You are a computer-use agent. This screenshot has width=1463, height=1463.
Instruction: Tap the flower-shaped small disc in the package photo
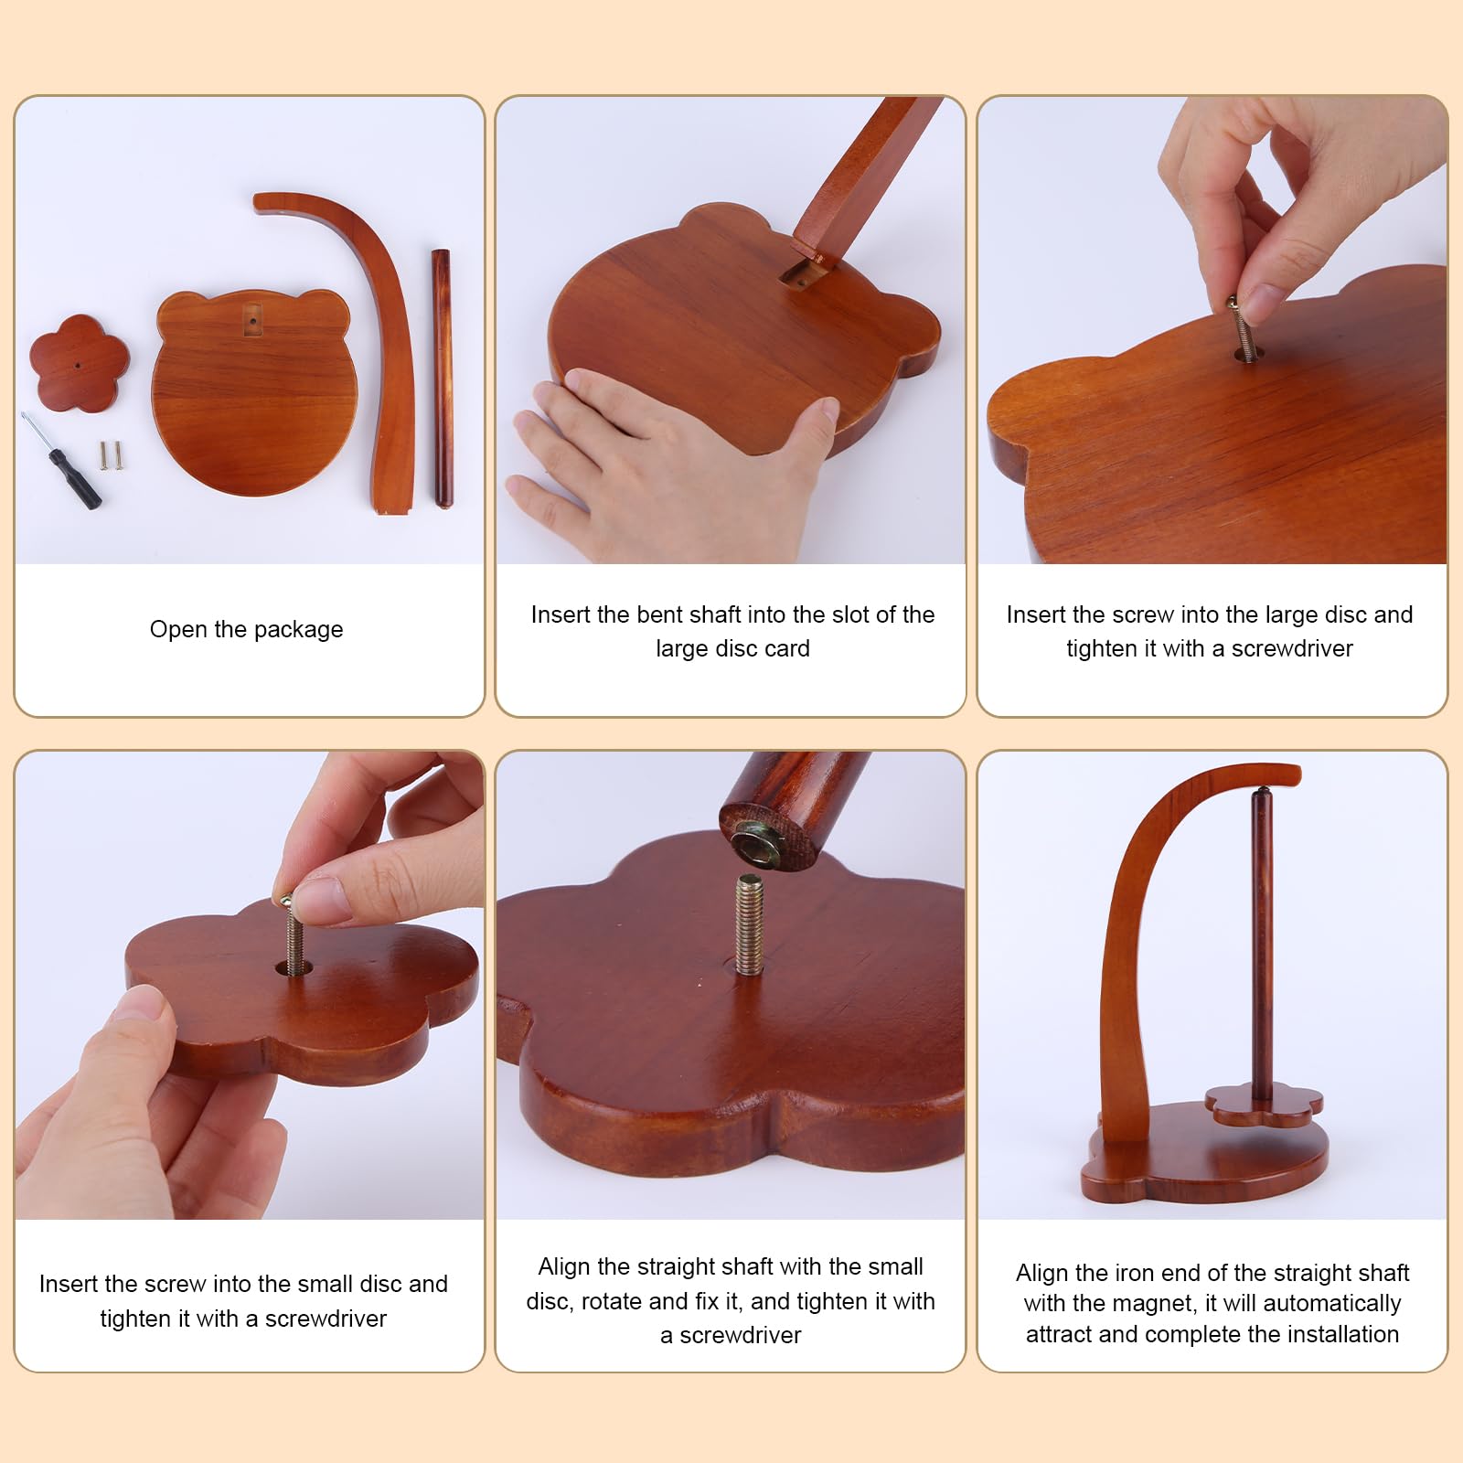[x=79, y=363]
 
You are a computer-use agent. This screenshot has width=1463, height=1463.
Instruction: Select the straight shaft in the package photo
[x=443, y=378]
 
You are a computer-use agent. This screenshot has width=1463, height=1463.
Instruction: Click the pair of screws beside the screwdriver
[x=111, y=455]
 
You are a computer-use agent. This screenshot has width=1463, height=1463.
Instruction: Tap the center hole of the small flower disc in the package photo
[x=79, y=365]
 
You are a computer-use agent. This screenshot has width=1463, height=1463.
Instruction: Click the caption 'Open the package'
[x=247, y=629]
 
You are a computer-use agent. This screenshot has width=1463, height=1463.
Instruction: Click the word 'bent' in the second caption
[x=658, y=614]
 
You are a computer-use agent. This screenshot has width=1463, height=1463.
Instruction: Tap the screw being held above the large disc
[x=1241, y=326]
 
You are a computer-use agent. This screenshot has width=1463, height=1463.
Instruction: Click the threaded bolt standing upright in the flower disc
[x=749, y=924]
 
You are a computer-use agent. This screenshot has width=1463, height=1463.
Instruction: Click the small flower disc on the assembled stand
[x=1263, y=1106]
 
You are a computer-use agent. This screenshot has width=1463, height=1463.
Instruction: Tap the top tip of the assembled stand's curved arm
[x=1297, y=774]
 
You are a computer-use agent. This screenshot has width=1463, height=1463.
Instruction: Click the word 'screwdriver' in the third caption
[x=1292, y=648]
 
